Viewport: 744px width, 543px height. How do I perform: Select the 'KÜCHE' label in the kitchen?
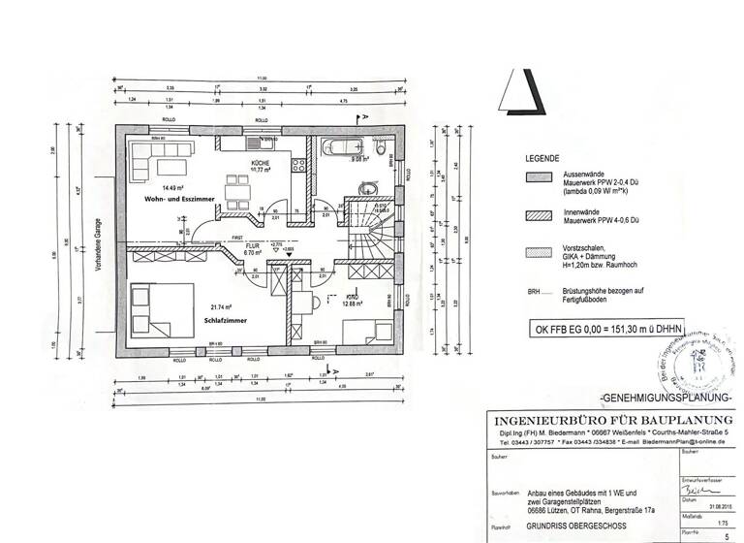pos(260,163)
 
